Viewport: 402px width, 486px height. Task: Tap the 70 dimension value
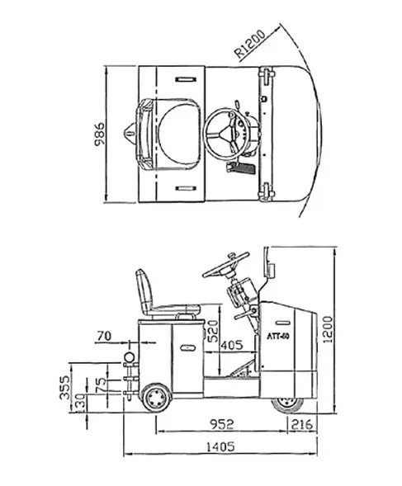[104, 335]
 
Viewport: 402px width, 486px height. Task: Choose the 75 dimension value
[100, 384]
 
